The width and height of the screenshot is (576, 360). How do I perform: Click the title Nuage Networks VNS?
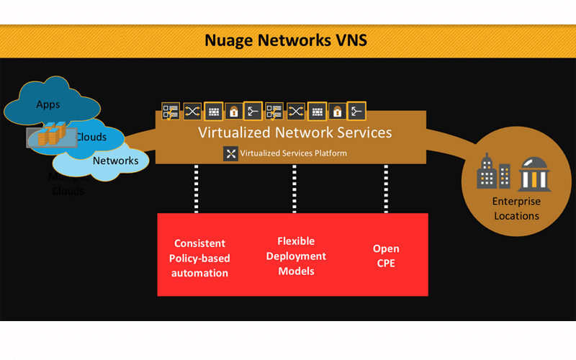[286, 40]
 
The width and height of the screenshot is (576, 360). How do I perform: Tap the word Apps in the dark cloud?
[48, 104]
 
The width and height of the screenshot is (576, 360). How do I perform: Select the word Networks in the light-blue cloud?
[115, 161]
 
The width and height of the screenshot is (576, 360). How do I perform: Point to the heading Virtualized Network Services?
[294, 132]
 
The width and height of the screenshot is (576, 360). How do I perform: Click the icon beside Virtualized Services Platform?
[230, 153]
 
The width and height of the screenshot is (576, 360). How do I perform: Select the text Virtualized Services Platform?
[293, 153]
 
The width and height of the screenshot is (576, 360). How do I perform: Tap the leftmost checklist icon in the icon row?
[171, 111]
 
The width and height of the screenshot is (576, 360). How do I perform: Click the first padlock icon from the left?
[233, 111]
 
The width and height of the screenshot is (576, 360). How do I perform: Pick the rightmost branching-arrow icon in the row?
[356, 111]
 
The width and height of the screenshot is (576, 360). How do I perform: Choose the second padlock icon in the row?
[336, 111]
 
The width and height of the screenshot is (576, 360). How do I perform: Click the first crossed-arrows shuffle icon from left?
[192, 111]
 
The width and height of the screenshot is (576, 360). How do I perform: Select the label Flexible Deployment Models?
[296, 256]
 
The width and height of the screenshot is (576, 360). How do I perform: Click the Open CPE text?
[385, 256]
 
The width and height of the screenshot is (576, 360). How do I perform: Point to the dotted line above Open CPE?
[386, 188]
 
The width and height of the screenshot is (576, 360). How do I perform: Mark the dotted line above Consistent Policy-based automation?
[196, 188]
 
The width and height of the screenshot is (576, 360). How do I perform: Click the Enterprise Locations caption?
[516, 209]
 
